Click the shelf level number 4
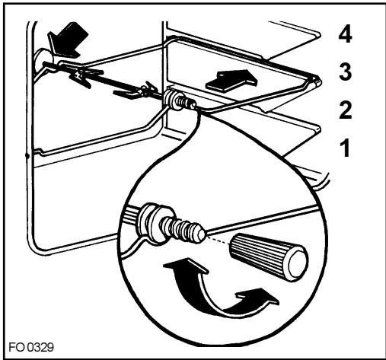point(345,36)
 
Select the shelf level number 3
point(346,72)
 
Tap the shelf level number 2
point(346,110)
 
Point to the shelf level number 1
point(345,148)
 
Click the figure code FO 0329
point(31,347)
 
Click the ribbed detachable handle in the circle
point(268,257)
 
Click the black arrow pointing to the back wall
point(68,40)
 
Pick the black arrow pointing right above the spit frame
point(231,80)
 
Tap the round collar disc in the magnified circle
point(155,225)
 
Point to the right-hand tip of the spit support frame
point(318,81)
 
